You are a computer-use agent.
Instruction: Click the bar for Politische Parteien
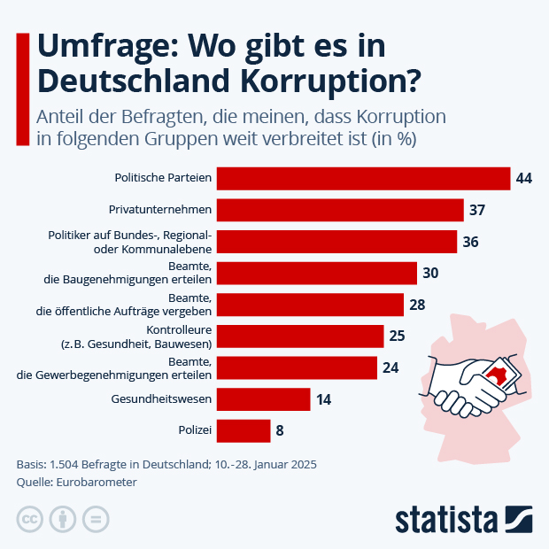click(363, 178)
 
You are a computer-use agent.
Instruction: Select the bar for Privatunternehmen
click(340, 210)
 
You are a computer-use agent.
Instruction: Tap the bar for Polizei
click(244, 430)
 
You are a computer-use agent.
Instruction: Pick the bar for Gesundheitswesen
click(263, 399)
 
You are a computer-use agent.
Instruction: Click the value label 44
click(523, 179)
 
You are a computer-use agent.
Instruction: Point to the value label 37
click(477, 210)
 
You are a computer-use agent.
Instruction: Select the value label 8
click(280, 431)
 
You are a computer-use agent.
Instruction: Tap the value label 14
click(323, 399)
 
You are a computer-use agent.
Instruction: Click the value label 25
click(397, 336)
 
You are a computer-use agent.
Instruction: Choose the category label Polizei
click(195, 430)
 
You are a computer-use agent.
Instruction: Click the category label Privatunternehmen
click(159, 210)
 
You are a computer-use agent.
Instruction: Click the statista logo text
click(447, 518)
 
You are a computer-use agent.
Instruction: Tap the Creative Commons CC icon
click(30, 519)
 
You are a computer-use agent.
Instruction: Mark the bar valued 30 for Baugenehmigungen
click(316, 273)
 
